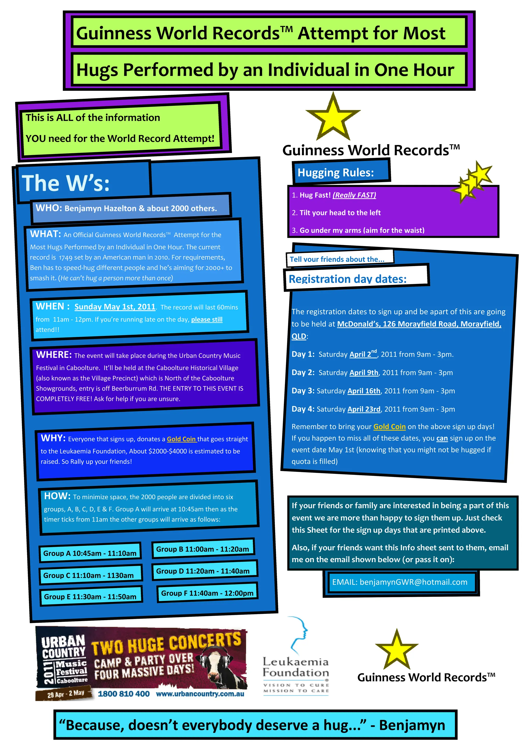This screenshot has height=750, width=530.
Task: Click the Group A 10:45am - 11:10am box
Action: click(90, 553)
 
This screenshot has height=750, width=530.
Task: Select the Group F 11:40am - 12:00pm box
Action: click(207, 593)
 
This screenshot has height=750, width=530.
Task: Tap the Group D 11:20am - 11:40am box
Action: click(203, 571)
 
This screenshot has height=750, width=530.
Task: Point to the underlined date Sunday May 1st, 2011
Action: click(115, 307)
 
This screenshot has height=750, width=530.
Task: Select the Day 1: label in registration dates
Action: click(303, 354)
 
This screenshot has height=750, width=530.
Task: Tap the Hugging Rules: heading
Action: click(336, 172)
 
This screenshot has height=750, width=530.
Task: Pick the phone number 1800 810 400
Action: click(124, 694)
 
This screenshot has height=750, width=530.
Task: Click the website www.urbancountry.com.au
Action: click(200, 694)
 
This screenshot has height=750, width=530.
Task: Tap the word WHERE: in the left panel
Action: click(54, 355)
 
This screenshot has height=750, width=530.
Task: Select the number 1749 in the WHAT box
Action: click(66, 258)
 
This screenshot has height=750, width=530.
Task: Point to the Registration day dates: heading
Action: click(348, 279)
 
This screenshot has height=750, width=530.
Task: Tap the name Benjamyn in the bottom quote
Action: click(412, 725)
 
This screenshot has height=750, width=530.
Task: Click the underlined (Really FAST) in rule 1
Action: click(354, 195)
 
